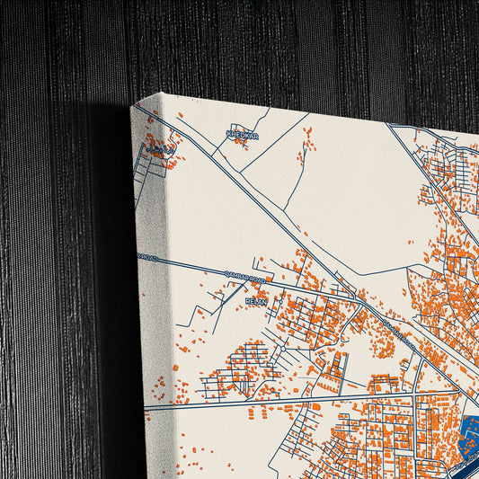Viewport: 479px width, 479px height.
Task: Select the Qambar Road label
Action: pyautogui.click(x=244, y=278)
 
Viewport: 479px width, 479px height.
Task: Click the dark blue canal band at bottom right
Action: pyautogui.click(x=463, y=466)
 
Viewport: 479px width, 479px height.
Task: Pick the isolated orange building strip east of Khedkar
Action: pyautogui.click(x=308, y=139)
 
